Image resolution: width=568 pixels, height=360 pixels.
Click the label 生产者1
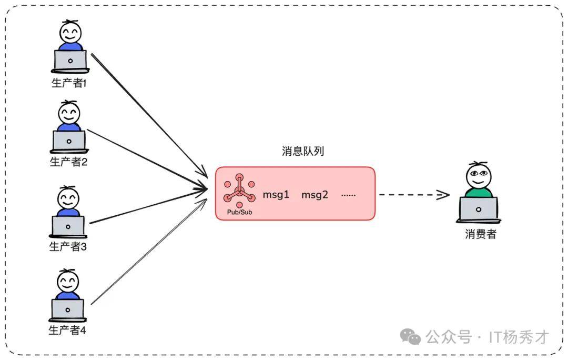click(68, 83)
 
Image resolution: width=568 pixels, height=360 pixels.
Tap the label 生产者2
click(68, 162)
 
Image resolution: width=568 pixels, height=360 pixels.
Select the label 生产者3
click(68, 246)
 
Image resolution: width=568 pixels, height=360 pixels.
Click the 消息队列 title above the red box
click(303, 152)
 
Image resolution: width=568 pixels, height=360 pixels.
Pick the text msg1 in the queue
click(276, 195)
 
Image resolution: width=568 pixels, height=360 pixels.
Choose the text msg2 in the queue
click(315, 195)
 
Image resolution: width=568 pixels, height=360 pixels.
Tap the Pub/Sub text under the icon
click(239, 212)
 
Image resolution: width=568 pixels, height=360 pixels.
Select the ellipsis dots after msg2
click(348, 195)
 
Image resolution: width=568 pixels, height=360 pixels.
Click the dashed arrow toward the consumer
click(413, 195)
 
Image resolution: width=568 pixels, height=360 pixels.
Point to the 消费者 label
click(480, 234)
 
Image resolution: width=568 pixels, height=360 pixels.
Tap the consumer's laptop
click(478, 209)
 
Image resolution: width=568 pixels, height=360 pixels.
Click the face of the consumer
click(479, 176)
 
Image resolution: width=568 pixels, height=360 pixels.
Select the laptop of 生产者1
click(70, 60)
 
